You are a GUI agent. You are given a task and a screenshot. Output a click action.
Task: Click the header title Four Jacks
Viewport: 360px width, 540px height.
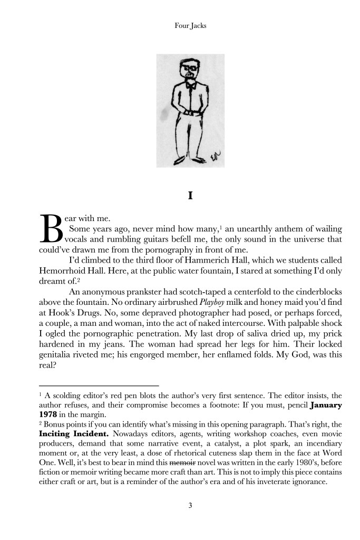coord(190,25)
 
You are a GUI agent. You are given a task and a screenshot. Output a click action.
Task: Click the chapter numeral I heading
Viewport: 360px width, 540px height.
coord(190,196)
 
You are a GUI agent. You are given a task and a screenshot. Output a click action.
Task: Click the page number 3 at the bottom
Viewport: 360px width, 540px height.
coord(190,506)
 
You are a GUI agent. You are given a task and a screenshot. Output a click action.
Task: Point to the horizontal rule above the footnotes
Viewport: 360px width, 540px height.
coord(99,385)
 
